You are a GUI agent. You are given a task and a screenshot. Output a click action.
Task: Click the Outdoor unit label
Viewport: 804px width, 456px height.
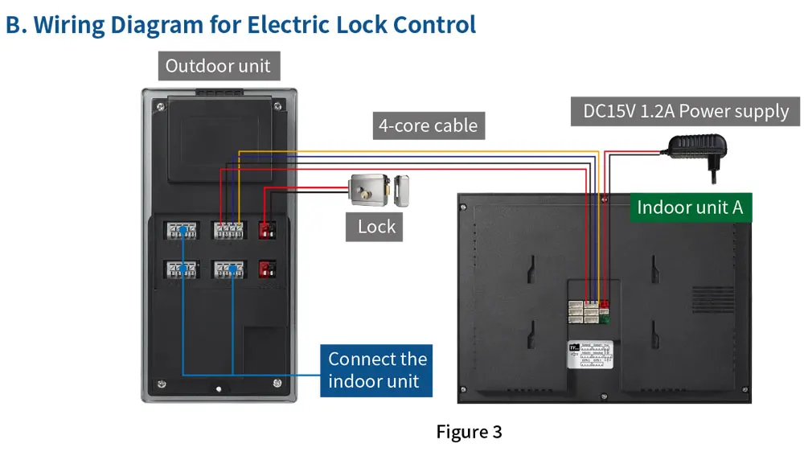coord(219,66)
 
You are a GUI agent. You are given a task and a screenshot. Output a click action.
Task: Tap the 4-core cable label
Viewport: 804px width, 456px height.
coord(428,125)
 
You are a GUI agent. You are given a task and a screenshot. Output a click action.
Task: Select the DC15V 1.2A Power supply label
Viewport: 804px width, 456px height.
coord(686,111)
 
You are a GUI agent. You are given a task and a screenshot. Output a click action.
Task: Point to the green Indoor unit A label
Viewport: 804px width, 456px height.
coord(690,207)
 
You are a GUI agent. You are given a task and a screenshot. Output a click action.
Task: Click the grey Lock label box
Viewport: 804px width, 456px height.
coord(376,227)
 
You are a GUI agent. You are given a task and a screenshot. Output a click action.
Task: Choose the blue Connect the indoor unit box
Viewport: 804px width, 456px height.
coord(377,370)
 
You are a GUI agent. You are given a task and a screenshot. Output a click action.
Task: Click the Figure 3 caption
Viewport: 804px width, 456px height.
coord(469,432)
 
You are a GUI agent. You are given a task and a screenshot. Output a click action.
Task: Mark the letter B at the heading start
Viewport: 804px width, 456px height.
coord(14,24)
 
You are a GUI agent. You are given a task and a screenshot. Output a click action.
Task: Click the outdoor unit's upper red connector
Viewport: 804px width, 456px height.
coord(266,231)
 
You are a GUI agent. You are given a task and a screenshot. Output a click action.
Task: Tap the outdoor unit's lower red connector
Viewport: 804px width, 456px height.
coord(266,269)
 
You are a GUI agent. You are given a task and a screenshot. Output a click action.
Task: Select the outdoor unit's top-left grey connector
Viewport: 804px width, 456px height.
coord(182,230)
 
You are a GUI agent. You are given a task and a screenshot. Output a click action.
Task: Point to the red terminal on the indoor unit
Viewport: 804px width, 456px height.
coord(604,305)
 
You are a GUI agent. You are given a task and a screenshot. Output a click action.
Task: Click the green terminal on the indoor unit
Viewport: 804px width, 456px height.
coord(604,318)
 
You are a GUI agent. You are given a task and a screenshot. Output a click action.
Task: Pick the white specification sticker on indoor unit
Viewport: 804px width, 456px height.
coord(590,354)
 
